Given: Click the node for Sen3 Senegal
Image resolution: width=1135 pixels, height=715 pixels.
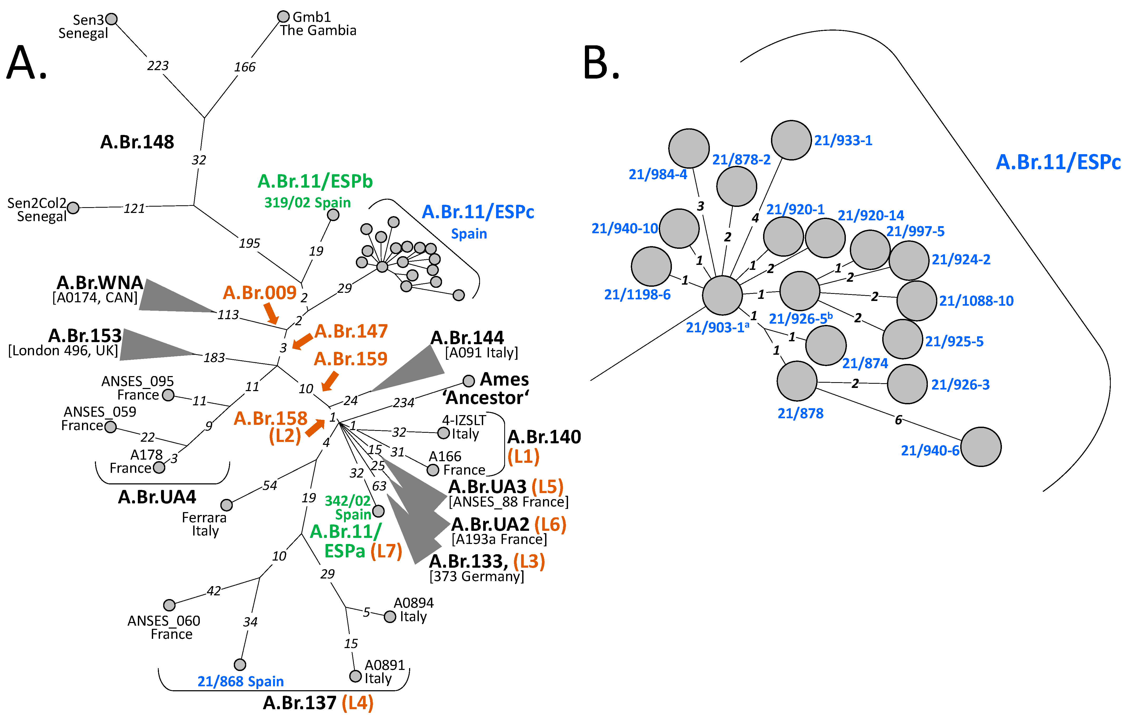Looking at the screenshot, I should click(x=111, y=19).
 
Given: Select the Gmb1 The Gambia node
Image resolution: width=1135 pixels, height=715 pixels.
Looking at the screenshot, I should click(x=283, y=17).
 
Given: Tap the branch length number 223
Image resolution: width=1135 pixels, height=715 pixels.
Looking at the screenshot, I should click(x=157, y=66).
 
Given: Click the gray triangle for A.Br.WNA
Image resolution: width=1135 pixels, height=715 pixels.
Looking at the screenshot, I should click(x=170, y=298).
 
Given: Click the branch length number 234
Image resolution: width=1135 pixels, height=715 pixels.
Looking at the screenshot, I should click(x=404, y=402).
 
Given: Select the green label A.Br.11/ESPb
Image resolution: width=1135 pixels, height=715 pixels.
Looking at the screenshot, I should click(x=315, y=181).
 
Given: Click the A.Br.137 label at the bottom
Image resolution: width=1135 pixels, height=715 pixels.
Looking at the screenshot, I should click(x=299, y=703).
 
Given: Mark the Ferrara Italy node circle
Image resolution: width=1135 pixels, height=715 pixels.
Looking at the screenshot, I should click(x=227, y=505).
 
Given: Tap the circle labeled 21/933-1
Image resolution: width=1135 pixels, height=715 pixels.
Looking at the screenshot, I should click(x=791, y=140).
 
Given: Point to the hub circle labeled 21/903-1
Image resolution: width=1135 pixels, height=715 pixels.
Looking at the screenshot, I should click(x=722, y=295).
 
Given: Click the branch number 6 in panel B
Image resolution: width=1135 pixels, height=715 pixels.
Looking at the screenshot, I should click(x=898, y=420).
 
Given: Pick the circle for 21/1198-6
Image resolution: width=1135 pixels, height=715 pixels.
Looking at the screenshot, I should click(x=651, y=266).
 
